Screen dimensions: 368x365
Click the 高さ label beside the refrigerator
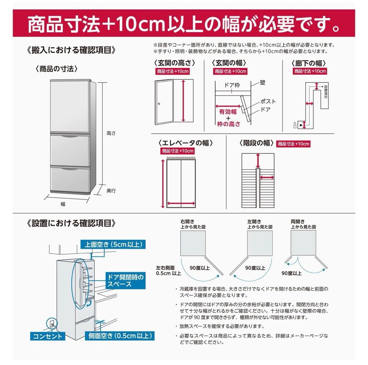111,133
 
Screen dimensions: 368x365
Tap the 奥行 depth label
111,190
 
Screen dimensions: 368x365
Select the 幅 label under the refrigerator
63,204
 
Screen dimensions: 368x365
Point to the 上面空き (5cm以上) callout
113,244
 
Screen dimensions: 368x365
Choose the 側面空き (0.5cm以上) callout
120,336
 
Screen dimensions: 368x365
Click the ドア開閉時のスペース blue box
126,280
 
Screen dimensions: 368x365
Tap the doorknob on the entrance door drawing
159,104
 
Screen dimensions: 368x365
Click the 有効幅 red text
228,112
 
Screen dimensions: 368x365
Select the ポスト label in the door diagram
268,101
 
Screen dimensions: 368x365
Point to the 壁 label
262,83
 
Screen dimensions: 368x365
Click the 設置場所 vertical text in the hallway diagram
326,92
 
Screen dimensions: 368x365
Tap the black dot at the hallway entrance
301,125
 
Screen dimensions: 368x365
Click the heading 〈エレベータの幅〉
185,143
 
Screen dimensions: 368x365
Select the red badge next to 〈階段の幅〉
293,144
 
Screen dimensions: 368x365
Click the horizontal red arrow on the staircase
267,178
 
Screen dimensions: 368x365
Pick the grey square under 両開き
303,243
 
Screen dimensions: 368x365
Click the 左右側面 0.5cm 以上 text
168,270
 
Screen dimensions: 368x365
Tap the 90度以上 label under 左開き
255,268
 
